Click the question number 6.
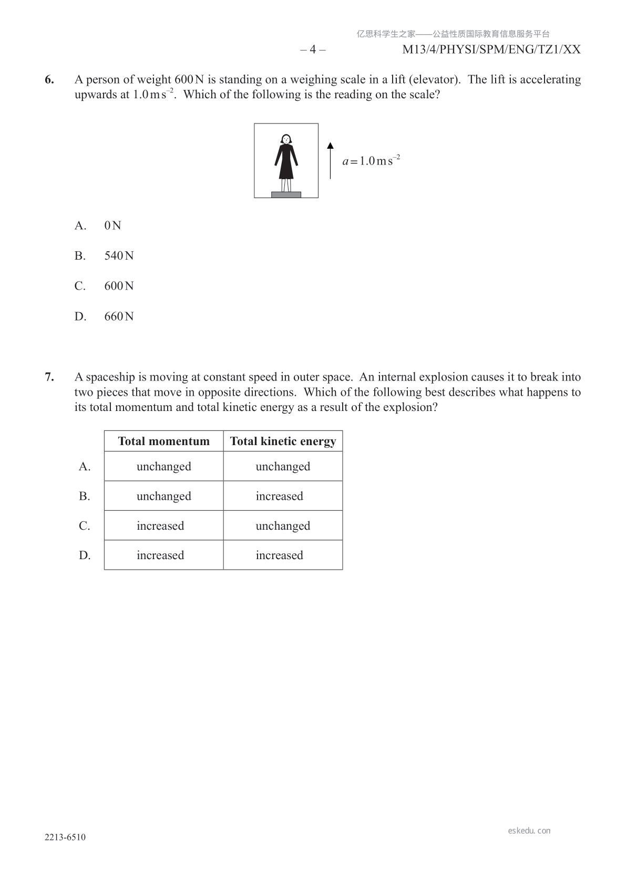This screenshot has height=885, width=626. (49, 80)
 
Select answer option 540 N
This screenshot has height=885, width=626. (119, 256)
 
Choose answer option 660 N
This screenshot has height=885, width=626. (119, 316)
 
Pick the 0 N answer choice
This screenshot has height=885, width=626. (112, 226)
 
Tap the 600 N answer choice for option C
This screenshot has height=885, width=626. (119, 286)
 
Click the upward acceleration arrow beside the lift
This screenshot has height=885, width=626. (330, 160)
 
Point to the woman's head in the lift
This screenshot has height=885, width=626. (286, 139)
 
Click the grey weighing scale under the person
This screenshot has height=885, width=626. (286, 194)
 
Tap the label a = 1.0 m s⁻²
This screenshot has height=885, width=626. (371, 160)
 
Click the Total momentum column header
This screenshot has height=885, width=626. (163, 441)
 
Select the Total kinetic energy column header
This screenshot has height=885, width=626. (283, 441)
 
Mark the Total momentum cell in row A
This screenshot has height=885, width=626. (163, 467)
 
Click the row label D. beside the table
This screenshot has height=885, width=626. (85, 555)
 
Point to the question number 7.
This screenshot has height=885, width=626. (49, 377)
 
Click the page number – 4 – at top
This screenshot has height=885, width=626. (313, 50)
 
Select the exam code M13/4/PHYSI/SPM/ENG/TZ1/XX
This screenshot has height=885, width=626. (491, 50)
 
